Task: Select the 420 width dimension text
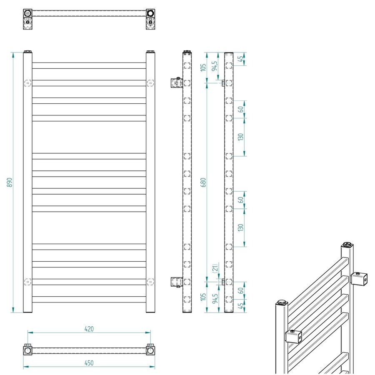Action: pyautogui.click(x=89, y=329)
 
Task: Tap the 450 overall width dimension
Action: pyautogui.click(x=89, y=363)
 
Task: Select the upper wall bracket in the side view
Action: pyautogui.click(x=175, y=82)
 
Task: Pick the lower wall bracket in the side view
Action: pyautogui.click(x=175, y=282)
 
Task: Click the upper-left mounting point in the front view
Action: pyautogui.click(x=28, y=83)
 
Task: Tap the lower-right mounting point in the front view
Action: pyautogui.click(x=150, y=282)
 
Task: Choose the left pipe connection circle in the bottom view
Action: pyautogui.click(x=27, y=350)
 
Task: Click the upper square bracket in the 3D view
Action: pyautogui.click(x=360, y=279)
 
